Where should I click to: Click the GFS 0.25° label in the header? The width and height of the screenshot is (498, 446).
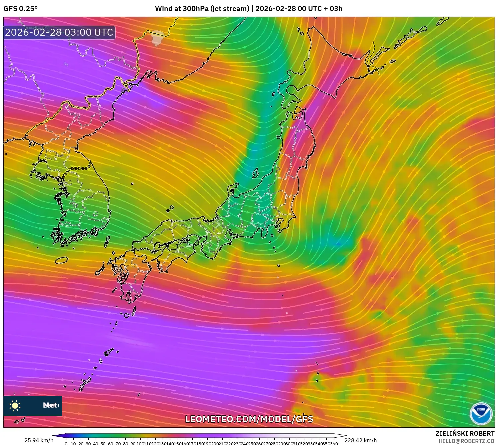click(21, 9)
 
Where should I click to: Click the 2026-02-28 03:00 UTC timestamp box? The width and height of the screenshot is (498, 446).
click(59, 32)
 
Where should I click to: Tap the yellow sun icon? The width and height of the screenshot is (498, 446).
click(15, 406)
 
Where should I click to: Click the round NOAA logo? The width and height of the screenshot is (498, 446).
click(481, 414)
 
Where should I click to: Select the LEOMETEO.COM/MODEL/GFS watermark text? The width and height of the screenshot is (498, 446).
click(249, 419)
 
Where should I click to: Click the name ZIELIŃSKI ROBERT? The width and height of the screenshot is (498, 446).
click(465, 433)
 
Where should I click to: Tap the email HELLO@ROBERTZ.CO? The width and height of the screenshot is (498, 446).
click(466, 441)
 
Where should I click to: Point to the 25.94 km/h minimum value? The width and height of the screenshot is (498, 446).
click(39, 440)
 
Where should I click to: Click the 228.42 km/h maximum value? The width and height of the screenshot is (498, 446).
click(360, 440)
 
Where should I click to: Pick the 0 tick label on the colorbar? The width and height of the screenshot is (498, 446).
click(66, 444)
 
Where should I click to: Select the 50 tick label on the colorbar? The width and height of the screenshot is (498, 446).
click(103, 444)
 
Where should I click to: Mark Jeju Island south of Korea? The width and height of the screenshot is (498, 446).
click(61, 260)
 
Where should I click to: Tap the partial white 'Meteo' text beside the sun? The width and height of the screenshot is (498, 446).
click(50, 405)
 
